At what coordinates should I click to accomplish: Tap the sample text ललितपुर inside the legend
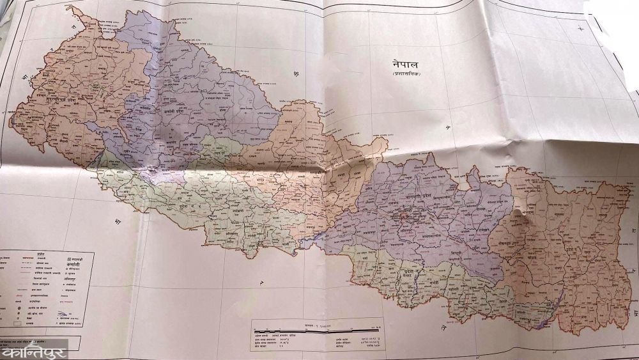[x=72, y=280]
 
